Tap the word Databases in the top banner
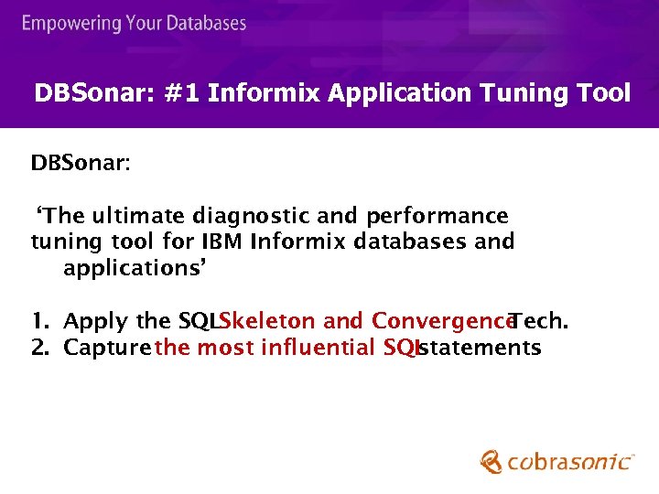click(x=205, y=23)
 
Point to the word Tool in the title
click(x=604, y=93)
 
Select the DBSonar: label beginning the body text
click(x=81, y=164)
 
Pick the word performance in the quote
click(x=437, y=216)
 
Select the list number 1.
click(x=38, y=321)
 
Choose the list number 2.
click(x=38, y=348)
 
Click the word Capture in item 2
click(x=107, y=348)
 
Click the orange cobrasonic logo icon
click(x=492, y=461)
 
